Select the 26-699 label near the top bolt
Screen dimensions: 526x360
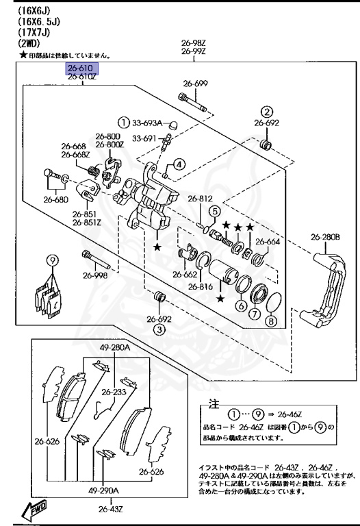[x=195, y=84]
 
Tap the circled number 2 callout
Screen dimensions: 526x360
[x=268, y=112]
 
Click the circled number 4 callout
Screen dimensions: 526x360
[x=178, y=164]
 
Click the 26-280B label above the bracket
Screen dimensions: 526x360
[x=325, y=238]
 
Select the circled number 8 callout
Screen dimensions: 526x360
[x=272, y=321]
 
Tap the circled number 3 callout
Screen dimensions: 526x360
[x=158, y=329]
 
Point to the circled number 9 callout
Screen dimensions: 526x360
[x=51, y=260]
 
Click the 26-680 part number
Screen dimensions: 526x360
[x=55, y=200]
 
